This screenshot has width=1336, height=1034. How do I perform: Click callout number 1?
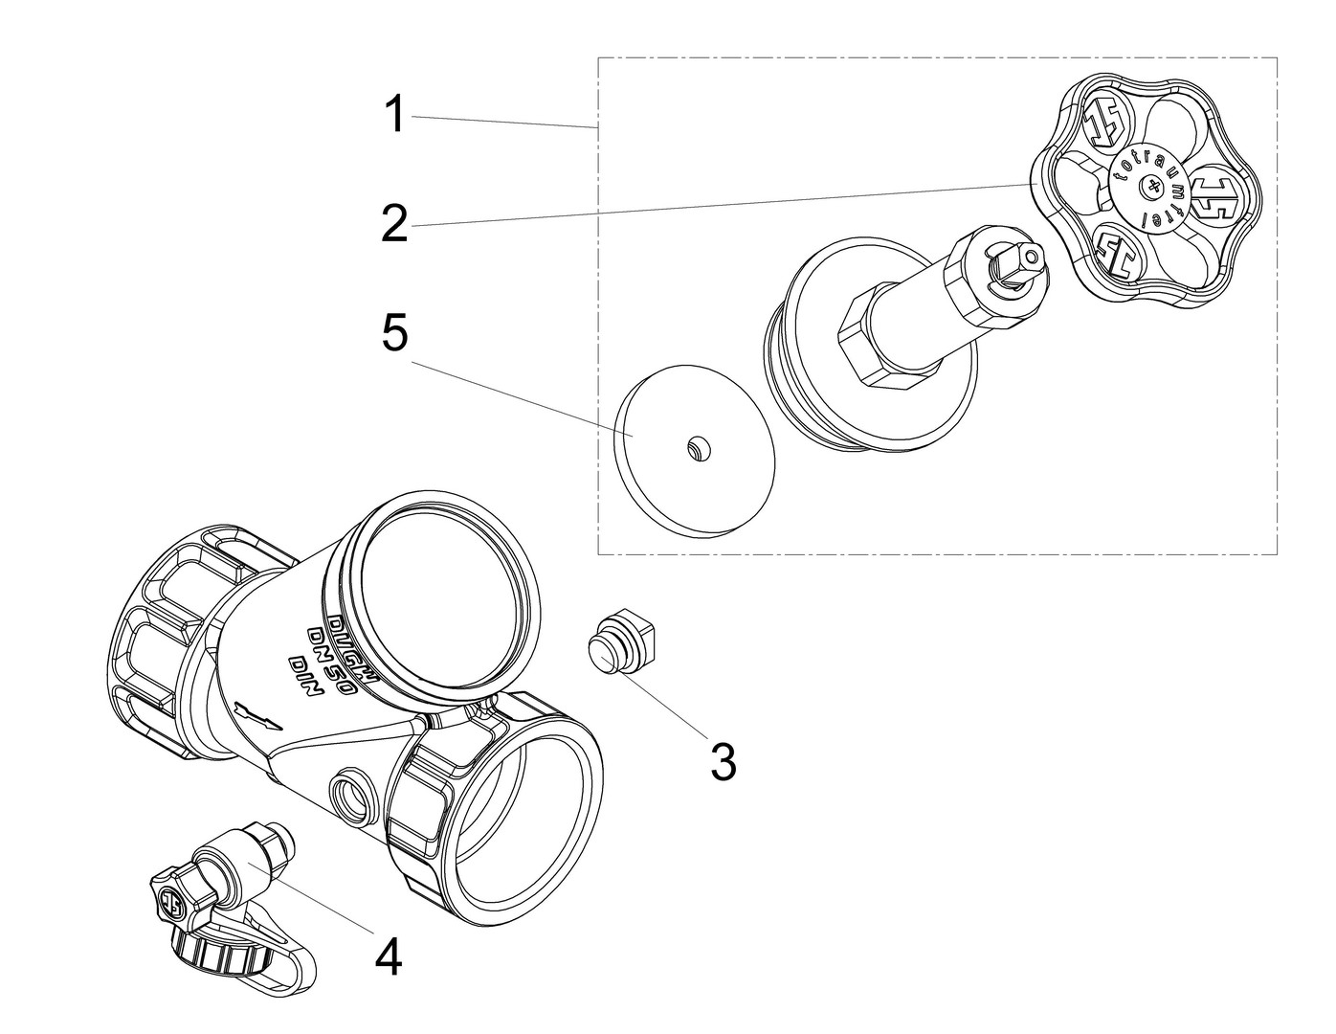[x=393, y=115]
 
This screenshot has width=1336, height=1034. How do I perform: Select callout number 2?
[x=393, y=224]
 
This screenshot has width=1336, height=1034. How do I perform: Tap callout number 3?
[x=724, y=761]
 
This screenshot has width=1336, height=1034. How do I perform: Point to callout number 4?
[x=388, y=955]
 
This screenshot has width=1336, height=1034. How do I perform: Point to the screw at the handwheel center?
[x=1147, y=191]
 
